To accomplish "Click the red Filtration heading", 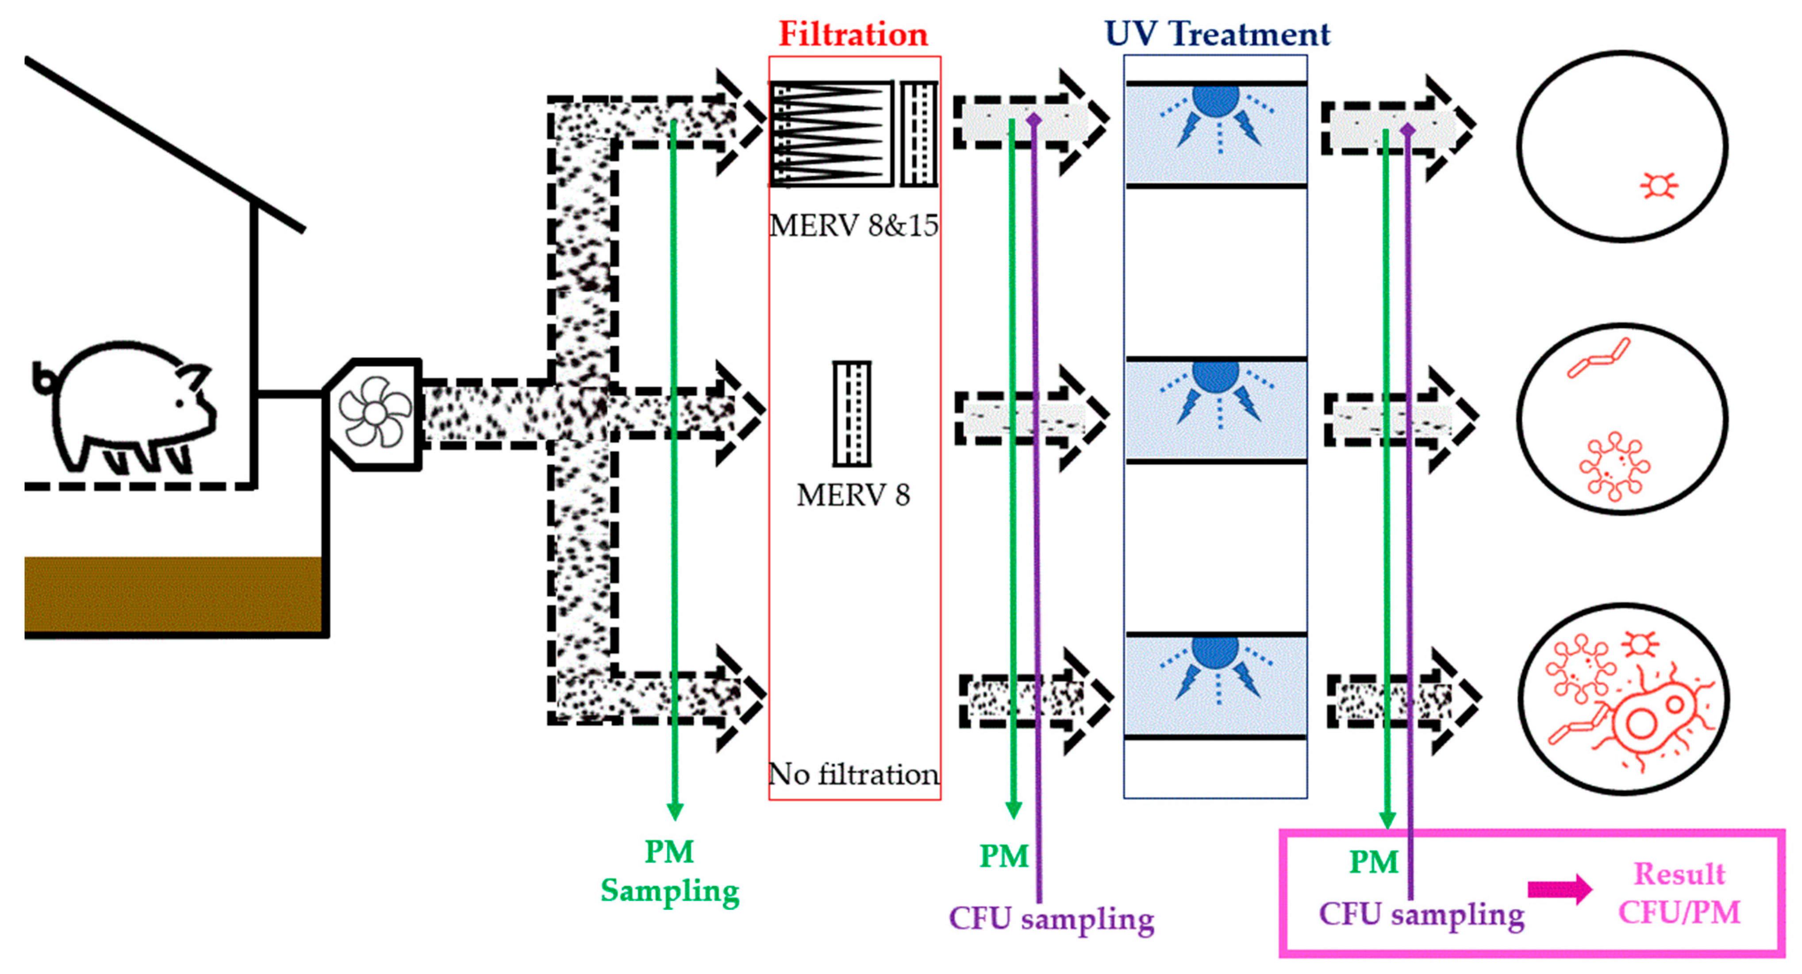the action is click(853, 34).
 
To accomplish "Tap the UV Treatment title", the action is click(1217, 34).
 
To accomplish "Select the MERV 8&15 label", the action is click(853, 225).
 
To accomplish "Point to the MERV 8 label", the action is click(853, 495).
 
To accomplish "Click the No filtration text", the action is click(853, 774).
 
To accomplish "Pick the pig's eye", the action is click(180, 404).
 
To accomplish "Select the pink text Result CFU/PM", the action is click(1679, 893).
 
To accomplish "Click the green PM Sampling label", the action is click(669, 871).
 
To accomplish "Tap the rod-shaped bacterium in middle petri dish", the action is click(1598, 358).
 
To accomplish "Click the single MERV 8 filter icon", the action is click(851, 413).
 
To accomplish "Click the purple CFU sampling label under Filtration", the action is click(1051, 919).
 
